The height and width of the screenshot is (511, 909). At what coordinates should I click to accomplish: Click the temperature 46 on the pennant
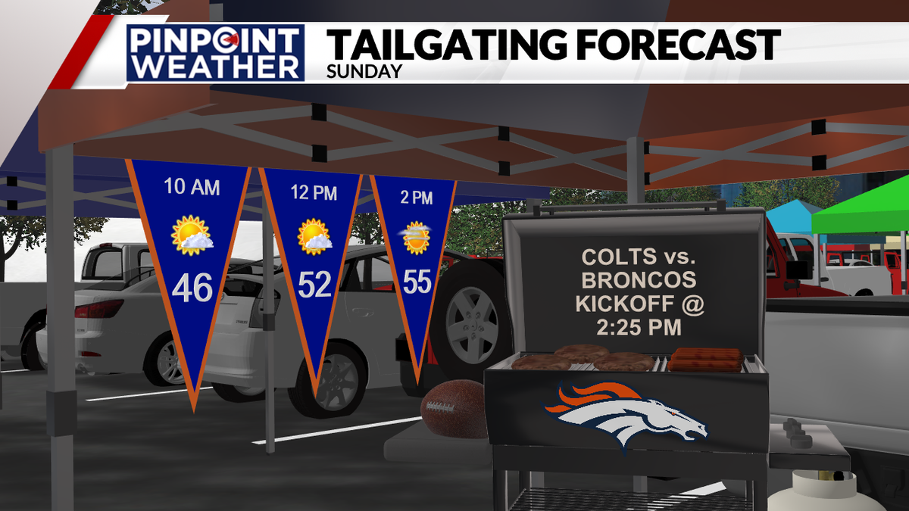pos(192,288)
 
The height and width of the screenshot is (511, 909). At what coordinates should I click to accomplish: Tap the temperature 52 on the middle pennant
pos(314,285)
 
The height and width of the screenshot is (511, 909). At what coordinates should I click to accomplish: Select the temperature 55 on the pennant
pos(417,282)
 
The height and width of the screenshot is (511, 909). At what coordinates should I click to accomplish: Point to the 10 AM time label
pos(192,187)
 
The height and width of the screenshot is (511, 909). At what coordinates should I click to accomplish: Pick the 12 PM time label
pos(314,193)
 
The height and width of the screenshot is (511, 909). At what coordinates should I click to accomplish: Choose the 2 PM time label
pos(417,198)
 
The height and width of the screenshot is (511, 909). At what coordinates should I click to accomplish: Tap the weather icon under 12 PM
pos(314,236)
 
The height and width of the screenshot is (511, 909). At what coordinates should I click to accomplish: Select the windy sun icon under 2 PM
pos(416,238)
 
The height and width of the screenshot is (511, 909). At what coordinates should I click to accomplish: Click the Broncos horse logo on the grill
pos(626,414)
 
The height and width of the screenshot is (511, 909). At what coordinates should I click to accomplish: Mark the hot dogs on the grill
pos(705,359)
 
